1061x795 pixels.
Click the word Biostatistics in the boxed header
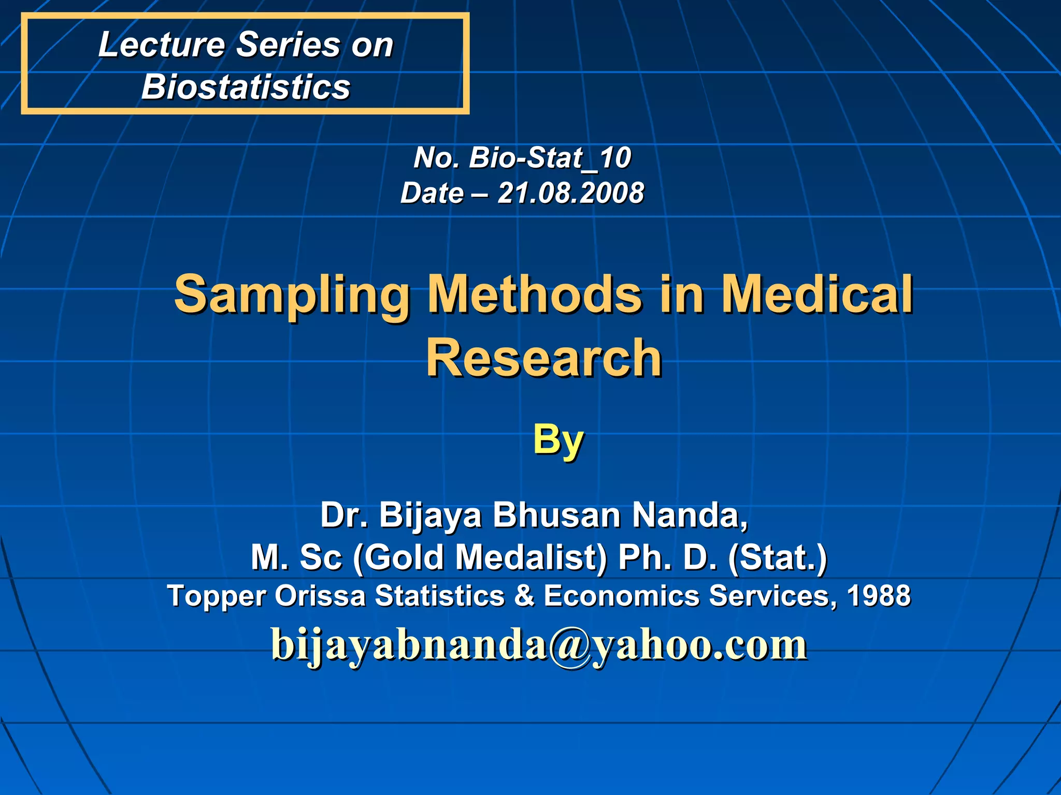pos(246,86)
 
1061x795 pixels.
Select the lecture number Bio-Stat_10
pos(550,157)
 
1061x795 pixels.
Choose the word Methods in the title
pos(534,295)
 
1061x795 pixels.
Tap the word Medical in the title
pos(817,295)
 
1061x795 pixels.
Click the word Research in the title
pos(544,358)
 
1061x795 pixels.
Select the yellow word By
pos(558,440)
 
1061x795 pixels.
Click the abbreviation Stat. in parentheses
pos(778,557)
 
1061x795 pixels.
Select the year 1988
pos(879,596)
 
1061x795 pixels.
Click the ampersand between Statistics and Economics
pos(524,596)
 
